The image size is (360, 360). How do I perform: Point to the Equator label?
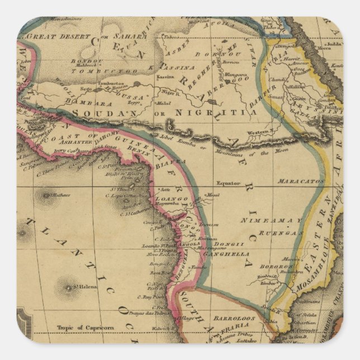228,183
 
